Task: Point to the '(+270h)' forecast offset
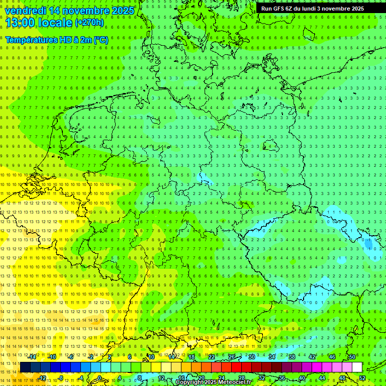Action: [89, 23]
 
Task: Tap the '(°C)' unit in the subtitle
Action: [101, 40]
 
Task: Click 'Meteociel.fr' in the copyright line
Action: [233, 382]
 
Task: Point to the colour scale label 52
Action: [362, 378]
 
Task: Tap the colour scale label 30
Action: [252, 356]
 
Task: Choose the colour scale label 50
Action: [352, 356]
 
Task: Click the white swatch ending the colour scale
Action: [357, 367]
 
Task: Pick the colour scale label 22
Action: [212, 356]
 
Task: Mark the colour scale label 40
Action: [302, 378]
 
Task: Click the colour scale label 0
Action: [100, 378]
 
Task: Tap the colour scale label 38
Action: [292, 356]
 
